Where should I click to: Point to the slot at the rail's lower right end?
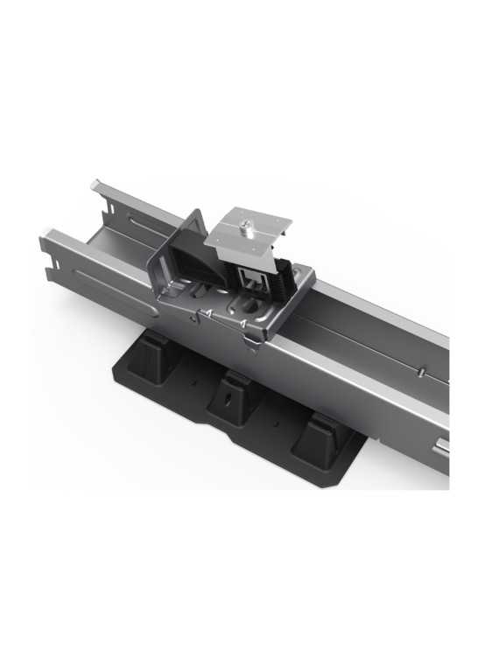click(443, 450)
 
